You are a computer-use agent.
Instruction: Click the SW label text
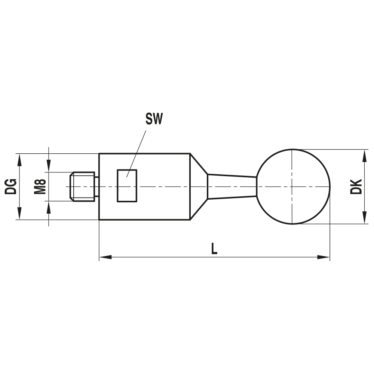click(154, 120)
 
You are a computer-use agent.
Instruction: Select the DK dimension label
click(356, 186)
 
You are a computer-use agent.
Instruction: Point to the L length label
click(214, 249)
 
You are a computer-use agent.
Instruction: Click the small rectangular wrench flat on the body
click(127, 186)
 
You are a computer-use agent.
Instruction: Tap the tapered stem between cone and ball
click(232, 186)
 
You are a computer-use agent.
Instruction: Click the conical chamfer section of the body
click(198, 186)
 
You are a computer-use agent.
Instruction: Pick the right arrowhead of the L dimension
click(324, 257)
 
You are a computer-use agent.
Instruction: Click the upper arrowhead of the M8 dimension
click(49, 167)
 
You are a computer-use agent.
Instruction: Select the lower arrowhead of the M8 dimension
click(49, 206)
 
